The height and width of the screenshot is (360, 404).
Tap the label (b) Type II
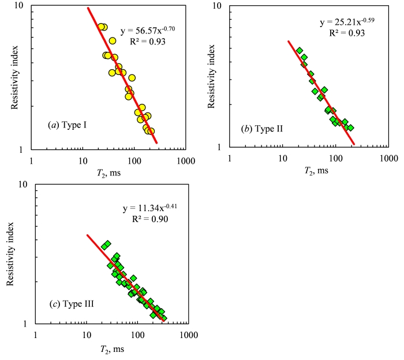coord(262,128)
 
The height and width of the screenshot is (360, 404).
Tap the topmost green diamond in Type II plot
coord(300,51)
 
